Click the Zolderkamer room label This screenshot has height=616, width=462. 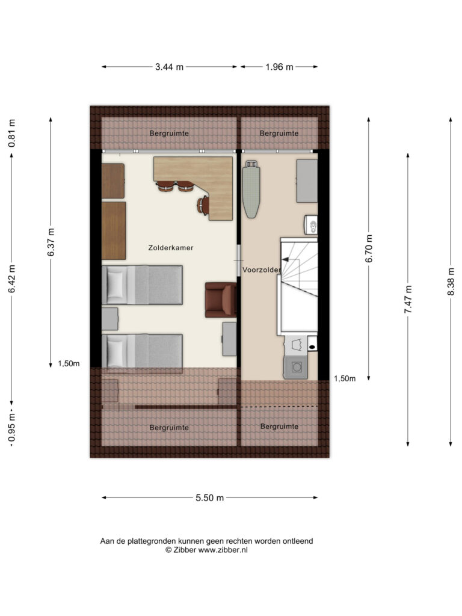click(170, 248)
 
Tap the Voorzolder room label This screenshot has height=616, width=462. click(261, 270)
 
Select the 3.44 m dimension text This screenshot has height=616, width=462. click(169, 67)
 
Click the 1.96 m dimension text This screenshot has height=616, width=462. click(279, 67)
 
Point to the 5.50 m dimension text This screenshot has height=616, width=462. click(210, 497)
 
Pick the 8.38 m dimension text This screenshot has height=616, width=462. click(451, 282)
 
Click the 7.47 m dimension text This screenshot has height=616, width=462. click(408, 300)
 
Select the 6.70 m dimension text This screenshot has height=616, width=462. click(369, 248)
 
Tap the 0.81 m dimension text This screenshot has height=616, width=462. click(12, 133)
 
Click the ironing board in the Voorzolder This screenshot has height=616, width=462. click(250, 188)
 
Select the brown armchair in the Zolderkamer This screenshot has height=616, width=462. click(221, 300)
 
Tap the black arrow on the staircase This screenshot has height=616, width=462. click(286, 259)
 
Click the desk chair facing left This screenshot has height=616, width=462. click(203, 205)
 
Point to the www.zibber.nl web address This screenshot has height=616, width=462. click(223, 550)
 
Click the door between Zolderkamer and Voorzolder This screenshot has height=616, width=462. click(239, 260)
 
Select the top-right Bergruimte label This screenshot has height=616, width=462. click(279, 134)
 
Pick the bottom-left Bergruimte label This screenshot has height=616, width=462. click(169, 428)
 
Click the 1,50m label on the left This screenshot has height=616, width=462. click(69, 364)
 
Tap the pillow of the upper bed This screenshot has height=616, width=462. click(115, 285)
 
